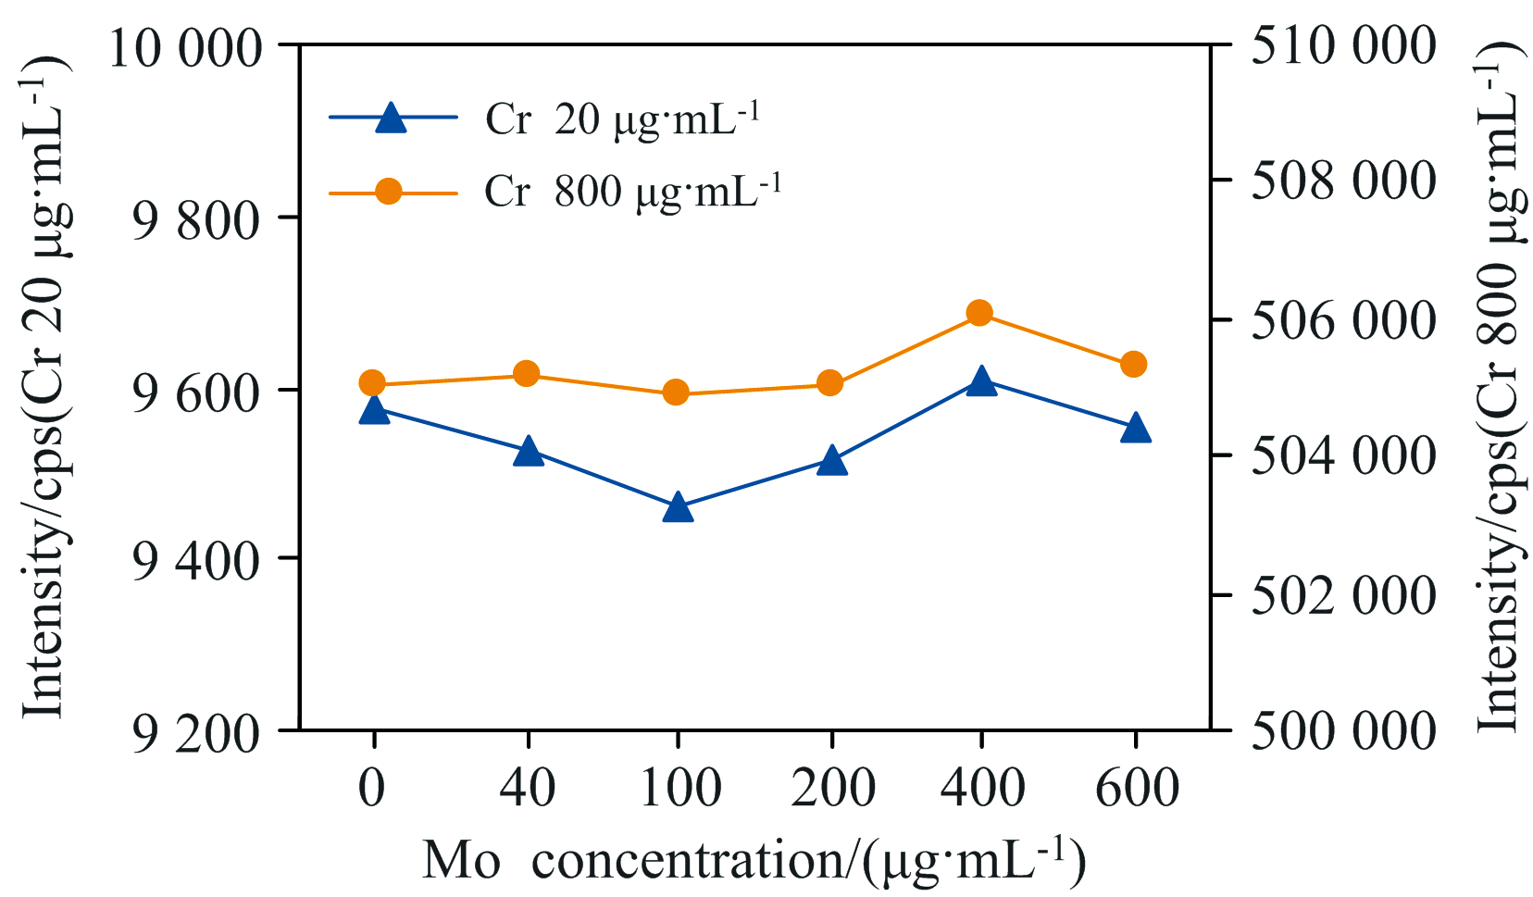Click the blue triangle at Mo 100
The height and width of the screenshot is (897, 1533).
tap(678, 507)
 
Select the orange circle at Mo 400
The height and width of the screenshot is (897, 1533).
tap(980, 314)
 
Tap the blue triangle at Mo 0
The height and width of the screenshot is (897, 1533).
tap(374, 410)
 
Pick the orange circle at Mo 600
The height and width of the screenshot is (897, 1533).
tap(1134, 365)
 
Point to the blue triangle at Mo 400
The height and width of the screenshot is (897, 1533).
tap(981, 381)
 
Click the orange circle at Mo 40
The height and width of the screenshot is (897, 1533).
tap(527, 374)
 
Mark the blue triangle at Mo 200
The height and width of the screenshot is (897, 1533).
tap(831, 461)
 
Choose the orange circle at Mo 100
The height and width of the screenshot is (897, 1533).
tap(676, 392)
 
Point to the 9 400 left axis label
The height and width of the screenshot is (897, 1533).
tap(195, 561)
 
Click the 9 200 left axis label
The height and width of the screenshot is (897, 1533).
tap(195, 734)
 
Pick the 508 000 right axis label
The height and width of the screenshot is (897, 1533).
tap(1343, 181)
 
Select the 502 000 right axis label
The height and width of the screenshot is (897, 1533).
tap(1343, 594)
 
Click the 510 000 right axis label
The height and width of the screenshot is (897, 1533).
tap(1343, 45)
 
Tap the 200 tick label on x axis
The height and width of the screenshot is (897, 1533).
tap(833, 789)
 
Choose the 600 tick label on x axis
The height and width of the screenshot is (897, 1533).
tap(1137, 789)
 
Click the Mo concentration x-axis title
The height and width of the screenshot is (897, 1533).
tap(754, 861)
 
